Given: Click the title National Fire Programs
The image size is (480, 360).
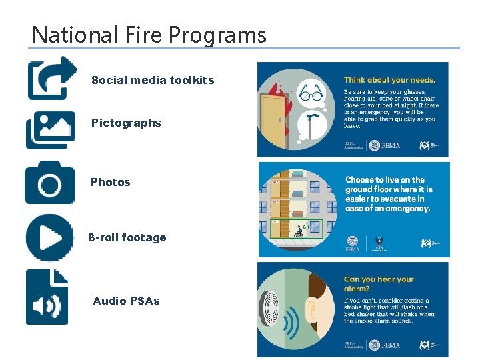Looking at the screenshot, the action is [149, 34].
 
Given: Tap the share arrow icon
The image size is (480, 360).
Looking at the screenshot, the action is [51, 77].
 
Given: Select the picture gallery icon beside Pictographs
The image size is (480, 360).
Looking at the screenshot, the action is [50, 129].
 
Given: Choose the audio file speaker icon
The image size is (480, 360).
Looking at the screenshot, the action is [47, 297].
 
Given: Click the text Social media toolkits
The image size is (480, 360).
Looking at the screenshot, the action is [153, 80].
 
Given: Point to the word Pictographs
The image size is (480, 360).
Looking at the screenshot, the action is [126, 123].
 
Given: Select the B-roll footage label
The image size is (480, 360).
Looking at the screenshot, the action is [127, 237].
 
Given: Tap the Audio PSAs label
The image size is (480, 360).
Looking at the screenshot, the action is [126, 301].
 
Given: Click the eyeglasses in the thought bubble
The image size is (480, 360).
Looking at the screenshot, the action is [311, 95].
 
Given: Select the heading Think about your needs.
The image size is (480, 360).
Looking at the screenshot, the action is [389, 79].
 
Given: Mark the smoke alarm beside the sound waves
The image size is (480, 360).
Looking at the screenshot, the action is [271, 308].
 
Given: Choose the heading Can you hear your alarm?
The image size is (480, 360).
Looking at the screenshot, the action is [379, 284].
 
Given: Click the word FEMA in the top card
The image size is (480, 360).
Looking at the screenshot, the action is [391, 145].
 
